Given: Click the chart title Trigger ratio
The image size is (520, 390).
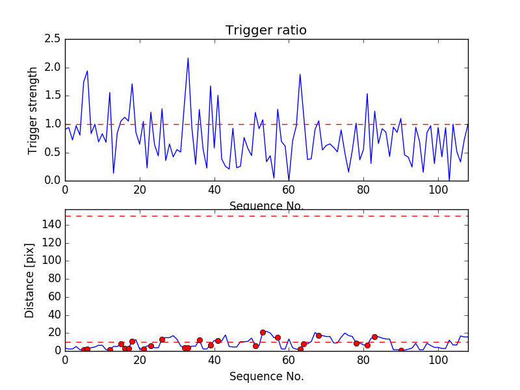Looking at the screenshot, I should [x=266, y=31].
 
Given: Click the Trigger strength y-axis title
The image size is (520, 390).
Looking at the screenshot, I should [x=33, y=110].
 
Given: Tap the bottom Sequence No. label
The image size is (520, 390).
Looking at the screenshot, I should [x=266, y=376].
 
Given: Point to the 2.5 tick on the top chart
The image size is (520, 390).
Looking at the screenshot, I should [x=53, y=40].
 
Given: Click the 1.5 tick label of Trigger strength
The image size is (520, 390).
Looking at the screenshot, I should [x=53, y=96].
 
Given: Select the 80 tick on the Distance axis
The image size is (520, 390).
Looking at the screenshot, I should [x=53, y=279].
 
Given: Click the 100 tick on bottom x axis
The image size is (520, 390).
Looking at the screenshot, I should [x=438, y=359].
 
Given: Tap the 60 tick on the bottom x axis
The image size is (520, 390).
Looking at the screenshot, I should [x=289, y=359].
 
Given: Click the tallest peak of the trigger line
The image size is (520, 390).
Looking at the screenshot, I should [x=188, y=58].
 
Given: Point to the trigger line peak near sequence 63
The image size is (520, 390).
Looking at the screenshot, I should [x=300, y=74].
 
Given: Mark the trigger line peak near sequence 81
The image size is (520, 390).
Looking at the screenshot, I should [x=367, y=94].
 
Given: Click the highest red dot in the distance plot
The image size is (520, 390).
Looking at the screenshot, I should [x=263, y=332].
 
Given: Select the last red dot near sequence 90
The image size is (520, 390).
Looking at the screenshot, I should [x=401, y=350].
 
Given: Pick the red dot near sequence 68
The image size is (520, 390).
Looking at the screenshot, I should [x=318, y=335].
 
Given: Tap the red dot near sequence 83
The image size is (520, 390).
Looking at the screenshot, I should [x=374, y=337].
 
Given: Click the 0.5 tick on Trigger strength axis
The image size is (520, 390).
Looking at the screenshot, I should [x=53, y=152].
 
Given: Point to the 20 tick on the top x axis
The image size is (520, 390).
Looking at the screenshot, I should [x=140, y=189].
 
